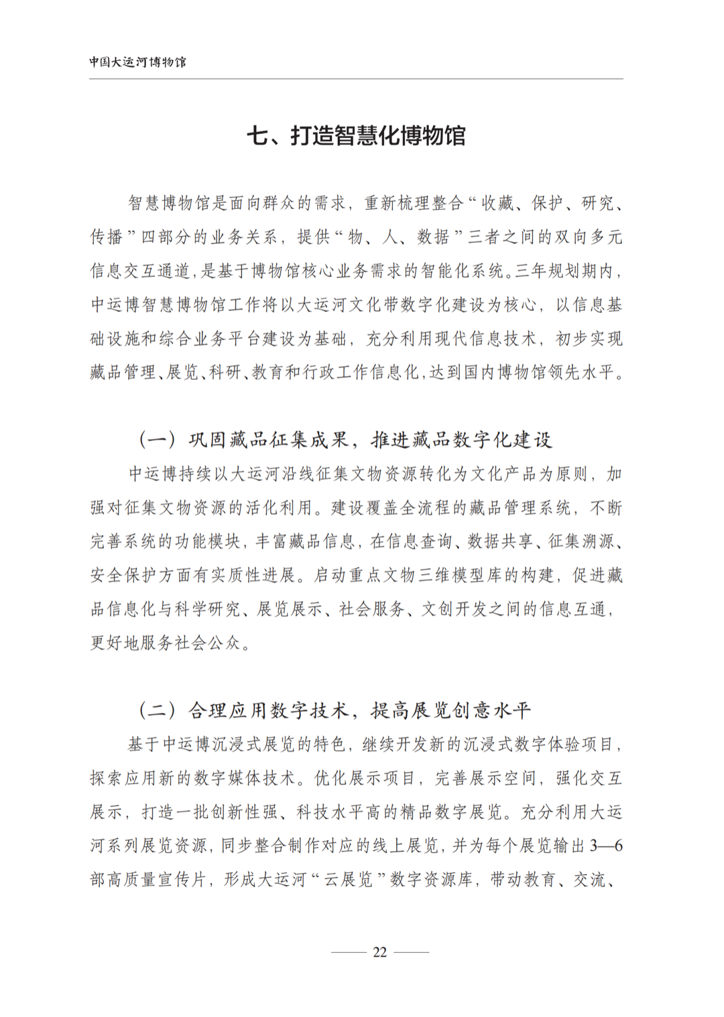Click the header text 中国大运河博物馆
pyautogui.click(x=137, y=62)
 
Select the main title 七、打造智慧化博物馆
pyautogui.click(x=356, y=136)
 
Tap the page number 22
pyautogui.click(x=379, y=952)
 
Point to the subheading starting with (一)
pyautogui.click(x=345, y=440)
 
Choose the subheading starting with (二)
pyautogui.click(x=335, y=710)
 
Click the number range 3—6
pyautogui.click(x=606, y=845)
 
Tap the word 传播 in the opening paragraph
pyautogui.click(x=107, y=237)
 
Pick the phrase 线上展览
pyautogui.click(x=406, y=845)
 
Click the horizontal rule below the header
pyautogui.click(x=356, y=79)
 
